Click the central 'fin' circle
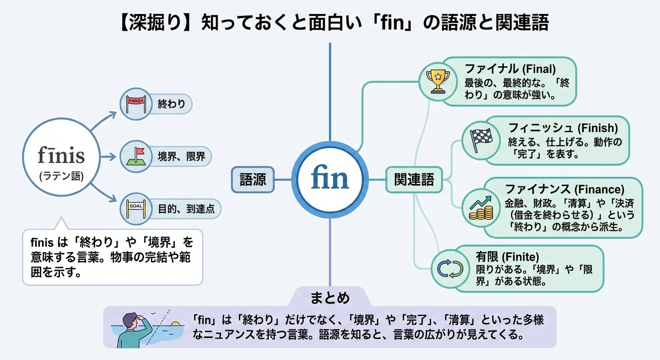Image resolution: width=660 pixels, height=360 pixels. pos(330,180)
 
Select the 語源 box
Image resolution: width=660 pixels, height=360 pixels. pos(253,180)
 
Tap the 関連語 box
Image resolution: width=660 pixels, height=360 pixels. pos(414,180)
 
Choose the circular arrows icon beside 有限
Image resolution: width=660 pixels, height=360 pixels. pos(450,268)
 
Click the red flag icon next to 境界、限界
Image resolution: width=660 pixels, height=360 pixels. pos(137,156)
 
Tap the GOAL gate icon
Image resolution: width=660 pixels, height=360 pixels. pos(137,209)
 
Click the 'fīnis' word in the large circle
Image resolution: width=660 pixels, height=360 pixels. pos(61,155)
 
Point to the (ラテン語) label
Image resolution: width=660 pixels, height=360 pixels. pos(61,176)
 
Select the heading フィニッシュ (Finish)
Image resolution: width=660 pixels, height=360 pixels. pos(563,127)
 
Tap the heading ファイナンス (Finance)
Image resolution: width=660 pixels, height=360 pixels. pos(564,189)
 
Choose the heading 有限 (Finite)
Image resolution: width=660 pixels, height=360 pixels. pos(507,257)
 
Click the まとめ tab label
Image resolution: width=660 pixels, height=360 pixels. pos(330,298)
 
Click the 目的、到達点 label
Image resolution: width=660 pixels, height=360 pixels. pos(186,209)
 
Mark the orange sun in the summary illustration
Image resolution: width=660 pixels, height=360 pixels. pos(175,324)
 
